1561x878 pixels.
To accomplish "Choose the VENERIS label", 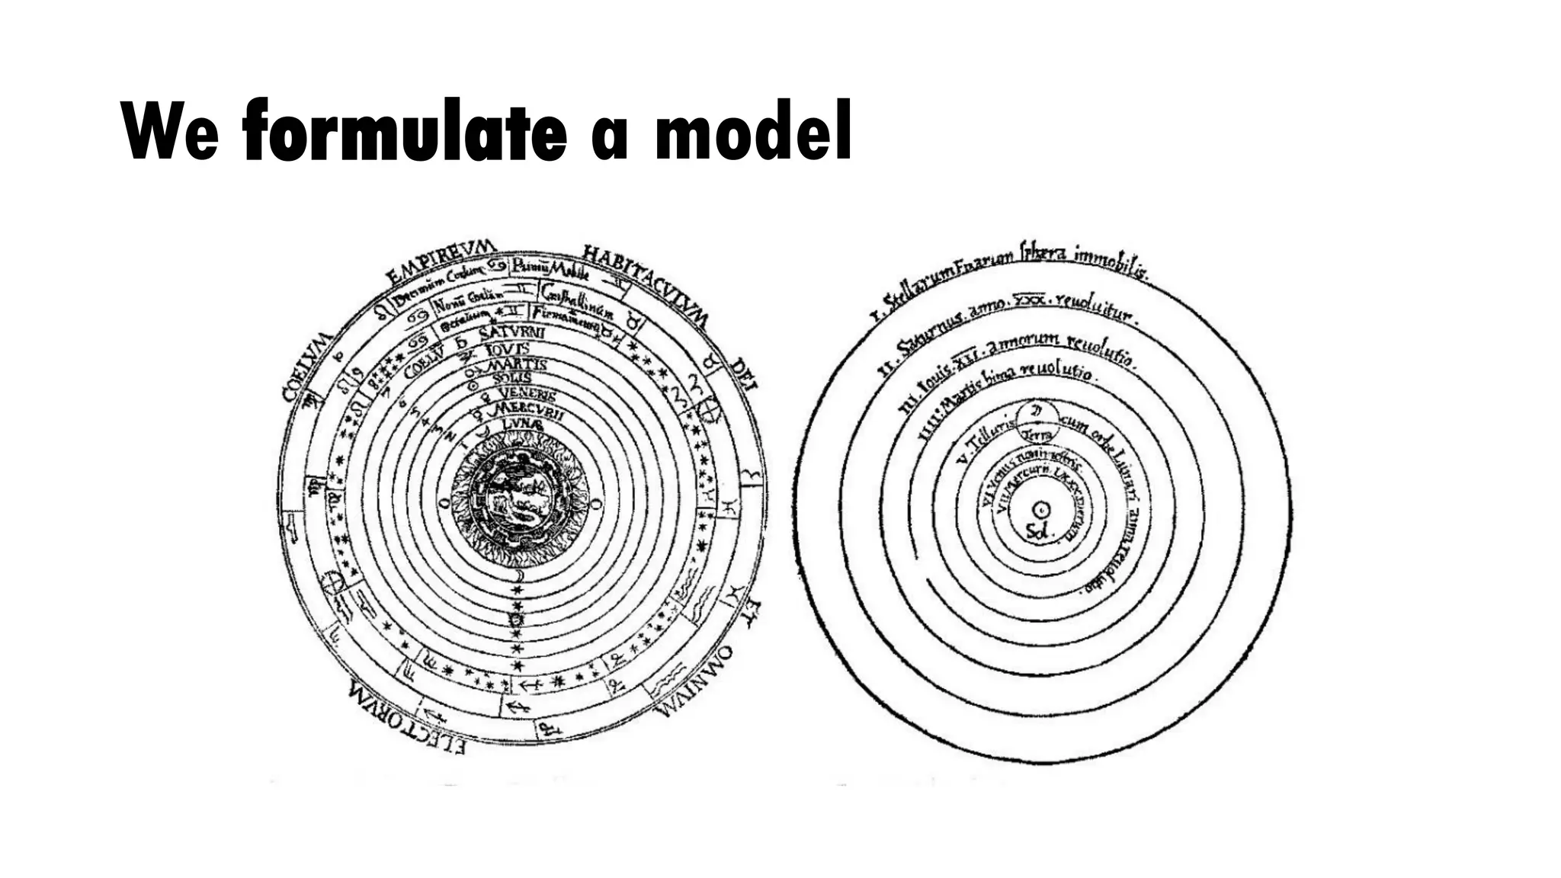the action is click(527, 393).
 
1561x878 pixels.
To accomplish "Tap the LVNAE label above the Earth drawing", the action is click(521, 423).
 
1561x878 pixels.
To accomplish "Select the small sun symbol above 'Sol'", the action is click(1040, 509).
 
